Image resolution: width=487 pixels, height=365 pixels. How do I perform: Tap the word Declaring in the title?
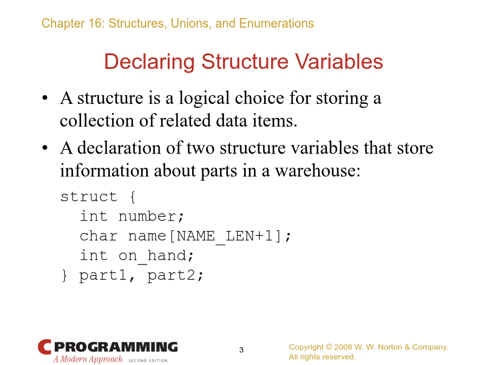(x=149, y=62)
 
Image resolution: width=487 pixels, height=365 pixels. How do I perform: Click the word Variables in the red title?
(x=339, y=62)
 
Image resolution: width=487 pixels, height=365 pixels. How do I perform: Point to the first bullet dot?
(x=45, y=98)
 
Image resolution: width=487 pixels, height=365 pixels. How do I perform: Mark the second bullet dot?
(x=45, y=148)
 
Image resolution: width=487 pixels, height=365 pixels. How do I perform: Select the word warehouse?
(x=318, y=170)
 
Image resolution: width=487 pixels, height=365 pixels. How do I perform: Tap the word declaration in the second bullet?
(x=119, y=148)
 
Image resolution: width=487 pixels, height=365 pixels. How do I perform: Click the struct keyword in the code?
(x=89, y=196)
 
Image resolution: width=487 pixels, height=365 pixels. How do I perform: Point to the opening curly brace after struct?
(x=133, y=197)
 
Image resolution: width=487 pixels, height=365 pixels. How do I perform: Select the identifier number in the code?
(x=147, y=216)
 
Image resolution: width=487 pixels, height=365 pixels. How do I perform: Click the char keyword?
(x=98, y=236)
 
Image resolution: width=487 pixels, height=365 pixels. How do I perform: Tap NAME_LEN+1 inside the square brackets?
(x=225, y=236)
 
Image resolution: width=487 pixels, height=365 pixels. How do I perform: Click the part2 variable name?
(x=171, y=276)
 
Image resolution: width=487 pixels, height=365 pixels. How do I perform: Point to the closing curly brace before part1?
(x=64, y=275)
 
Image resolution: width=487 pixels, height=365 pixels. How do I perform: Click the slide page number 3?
(x=241, y=350)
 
